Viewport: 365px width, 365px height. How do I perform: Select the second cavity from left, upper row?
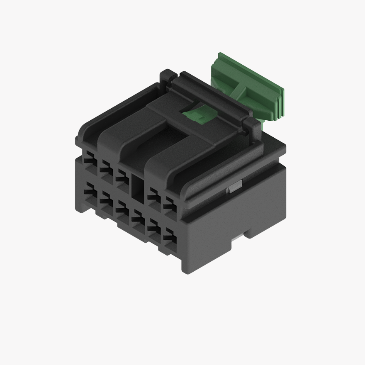point(105,168)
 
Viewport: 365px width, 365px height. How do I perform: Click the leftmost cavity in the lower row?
point(89,193)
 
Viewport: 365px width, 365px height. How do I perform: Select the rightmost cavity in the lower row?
point(170,239)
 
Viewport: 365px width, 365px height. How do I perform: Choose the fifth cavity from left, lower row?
point(154,230)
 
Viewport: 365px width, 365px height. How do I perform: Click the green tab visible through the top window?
point(198,114)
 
